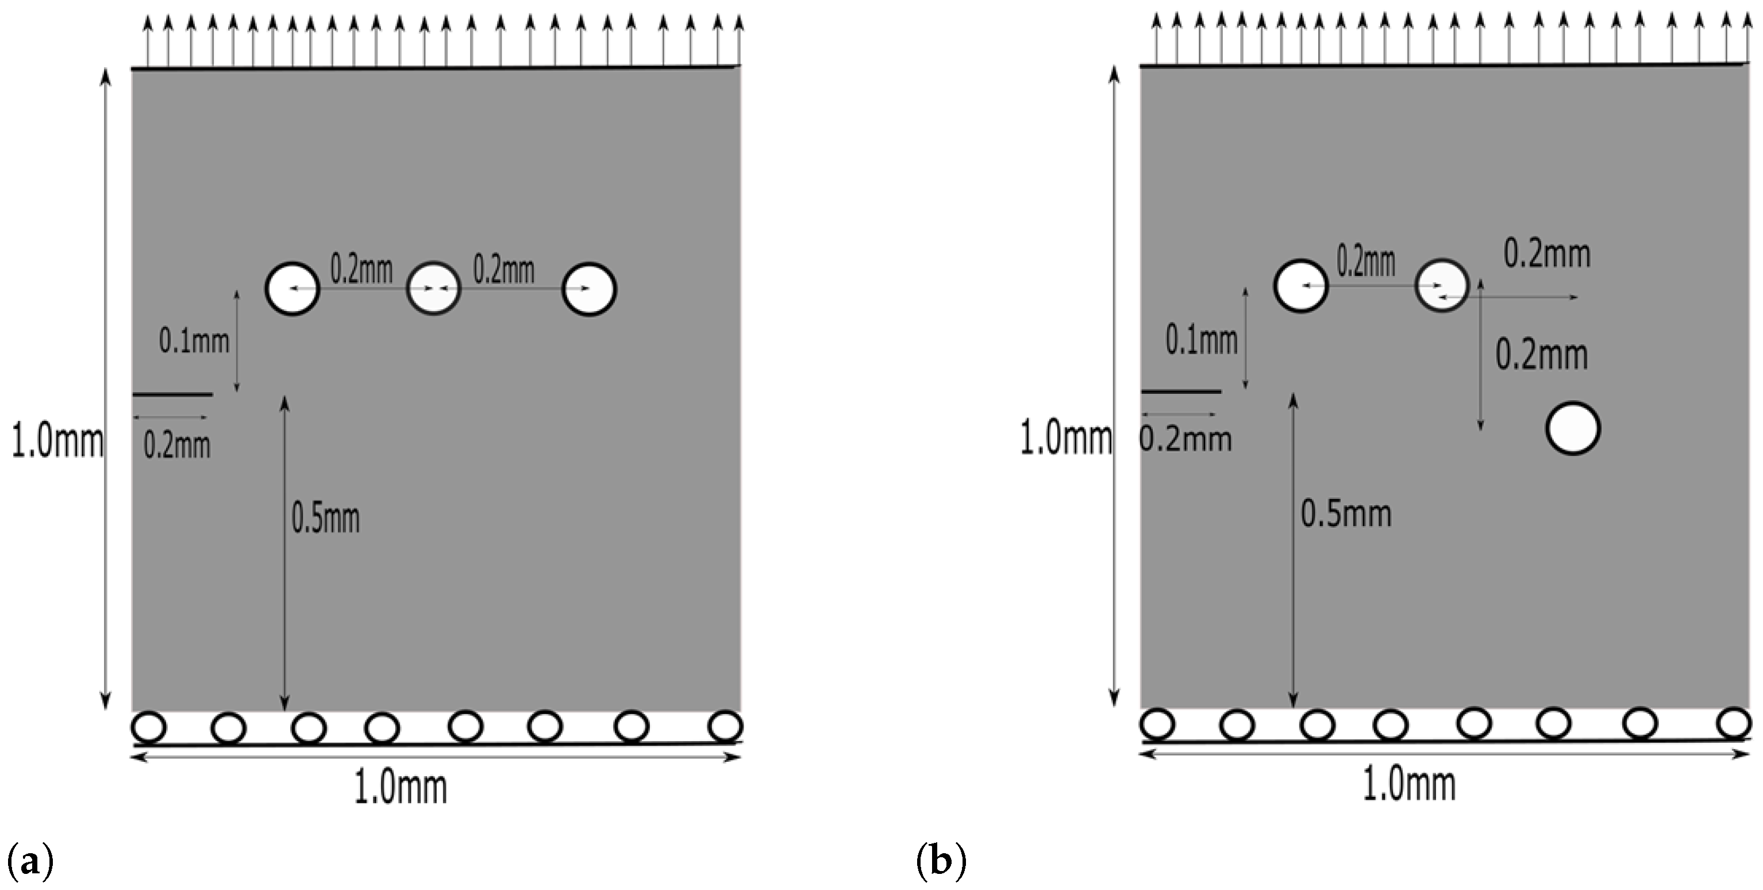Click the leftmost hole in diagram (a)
(292, 289)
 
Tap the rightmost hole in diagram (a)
(589, 289)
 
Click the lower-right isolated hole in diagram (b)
(1573, 428)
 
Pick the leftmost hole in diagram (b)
(1300, 286)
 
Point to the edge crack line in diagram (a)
(172, 394)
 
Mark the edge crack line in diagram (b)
(1180, 392)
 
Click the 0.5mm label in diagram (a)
(326, 517)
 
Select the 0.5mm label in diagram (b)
(1345, 514)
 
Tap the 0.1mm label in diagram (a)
(194, 340)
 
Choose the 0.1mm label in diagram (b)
(1202, 340)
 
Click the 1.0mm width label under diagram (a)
(401, 788)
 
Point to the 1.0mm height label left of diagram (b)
(1065, 439)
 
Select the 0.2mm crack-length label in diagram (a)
(176, 446)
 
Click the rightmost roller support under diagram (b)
(1734, 723)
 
